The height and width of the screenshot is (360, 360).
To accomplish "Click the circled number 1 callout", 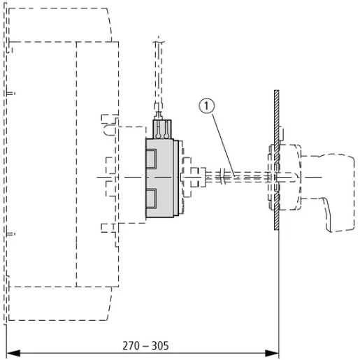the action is [206, 106].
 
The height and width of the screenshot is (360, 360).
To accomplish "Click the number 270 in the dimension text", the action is [131, 345].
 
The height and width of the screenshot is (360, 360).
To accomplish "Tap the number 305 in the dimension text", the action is [160, 345].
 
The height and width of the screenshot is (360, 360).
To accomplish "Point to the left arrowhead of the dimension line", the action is [13, 353].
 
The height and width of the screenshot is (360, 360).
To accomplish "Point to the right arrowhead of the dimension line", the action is [272, 353].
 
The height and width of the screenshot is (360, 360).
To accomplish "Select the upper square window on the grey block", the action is [151, 159].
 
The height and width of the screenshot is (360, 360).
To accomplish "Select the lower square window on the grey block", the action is [151, 198].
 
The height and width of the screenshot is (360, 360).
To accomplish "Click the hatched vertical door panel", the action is [277, 160].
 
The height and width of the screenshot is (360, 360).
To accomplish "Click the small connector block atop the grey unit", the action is [162, 129].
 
